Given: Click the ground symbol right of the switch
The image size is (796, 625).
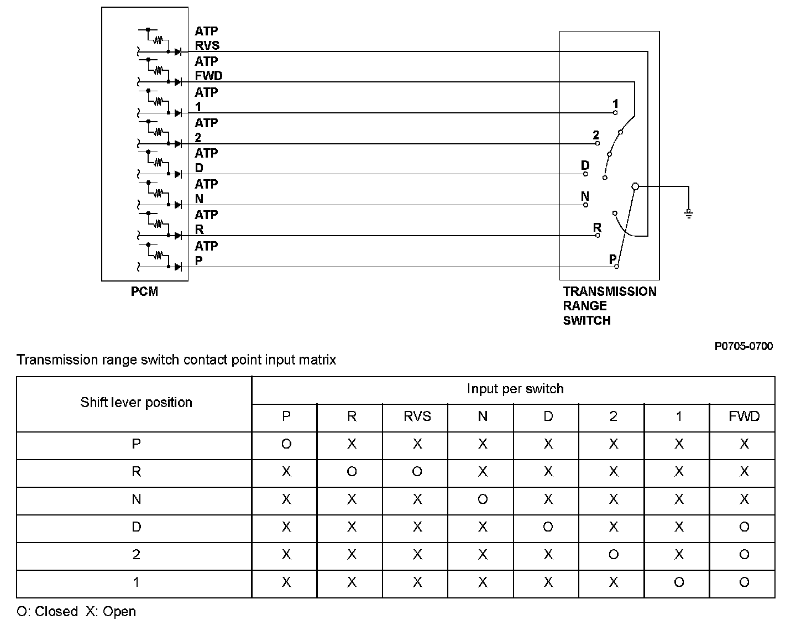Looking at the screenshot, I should tap(689, 213).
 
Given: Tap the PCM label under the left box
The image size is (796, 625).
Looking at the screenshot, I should tap(144, 291).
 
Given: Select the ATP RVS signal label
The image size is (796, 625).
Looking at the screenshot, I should tap(207, 39).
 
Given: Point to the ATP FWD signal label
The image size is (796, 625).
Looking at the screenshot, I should tap(208, 69).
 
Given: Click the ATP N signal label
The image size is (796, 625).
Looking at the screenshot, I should tap(206, 191).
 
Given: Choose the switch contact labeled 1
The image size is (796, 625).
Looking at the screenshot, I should tap(615, 112).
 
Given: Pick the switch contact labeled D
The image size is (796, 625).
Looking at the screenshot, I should tap(585, 174).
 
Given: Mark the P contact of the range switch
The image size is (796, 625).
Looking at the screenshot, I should tap(617, 266).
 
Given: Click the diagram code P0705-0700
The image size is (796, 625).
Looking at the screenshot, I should tap(743, 346).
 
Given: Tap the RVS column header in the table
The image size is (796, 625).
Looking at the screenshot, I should tap(417, 416).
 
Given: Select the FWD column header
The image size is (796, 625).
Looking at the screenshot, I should tap(744, 416).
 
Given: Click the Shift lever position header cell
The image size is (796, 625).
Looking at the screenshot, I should tap(136, 403).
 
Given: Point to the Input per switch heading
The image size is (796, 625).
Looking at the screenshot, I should tap(515, 389).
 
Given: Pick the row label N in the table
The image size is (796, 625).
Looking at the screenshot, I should tap(136, 499).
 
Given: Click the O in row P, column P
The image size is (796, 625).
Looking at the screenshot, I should tap(286, 444).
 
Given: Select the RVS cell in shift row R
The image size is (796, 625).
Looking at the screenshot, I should tap(417, 472).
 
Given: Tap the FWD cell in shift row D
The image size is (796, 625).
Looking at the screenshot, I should tap(744, 527).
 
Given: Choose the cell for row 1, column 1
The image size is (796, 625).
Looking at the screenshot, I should tap(679, 582).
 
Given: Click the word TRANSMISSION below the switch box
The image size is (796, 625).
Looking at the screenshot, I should tap(610, 291).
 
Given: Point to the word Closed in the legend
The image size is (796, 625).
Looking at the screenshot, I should tap(56, 612).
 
